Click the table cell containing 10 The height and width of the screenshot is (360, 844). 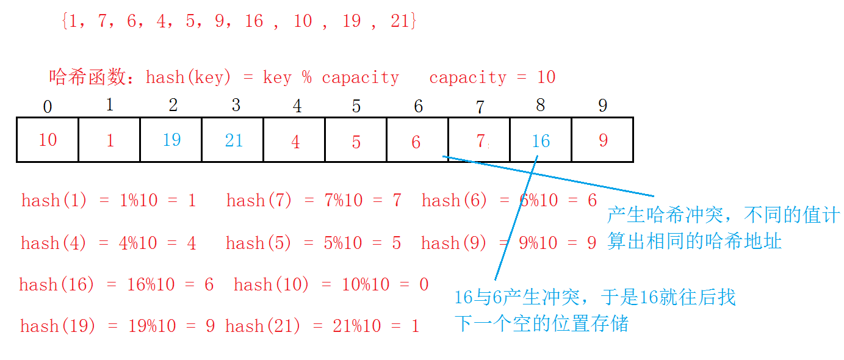(48, 140)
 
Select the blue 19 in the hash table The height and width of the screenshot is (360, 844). (171, 140)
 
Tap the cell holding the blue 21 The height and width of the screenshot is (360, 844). (234, 140)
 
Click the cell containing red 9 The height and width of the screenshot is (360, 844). (603, 140)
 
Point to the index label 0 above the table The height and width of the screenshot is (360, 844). (48, 107)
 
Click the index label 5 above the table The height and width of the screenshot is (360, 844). (356, 106)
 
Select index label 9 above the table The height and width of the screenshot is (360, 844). (603, 106)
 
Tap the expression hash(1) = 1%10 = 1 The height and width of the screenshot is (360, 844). (109, 200)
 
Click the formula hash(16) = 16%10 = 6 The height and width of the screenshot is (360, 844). (116, 284)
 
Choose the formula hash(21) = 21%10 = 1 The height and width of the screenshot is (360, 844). (322, 326)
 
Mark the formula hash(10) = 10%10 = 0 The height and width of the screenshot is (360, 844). (331, 284)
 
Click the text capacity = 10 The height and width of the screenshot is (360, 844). (492, 77)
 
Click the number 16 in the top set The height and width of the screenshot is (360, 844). (253, 21)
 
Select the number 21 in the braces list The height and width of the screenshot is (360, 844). (400, 21)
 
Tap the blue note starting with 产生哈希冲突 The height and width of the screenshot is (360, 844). (723, 228)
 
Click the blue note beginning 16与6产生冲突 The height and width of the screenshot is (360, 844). (595, 311)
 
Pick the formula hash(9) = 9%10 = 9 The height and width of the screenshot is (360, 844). (508, 243)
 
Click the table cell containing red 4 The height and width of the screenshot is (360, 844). (296, 142)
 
